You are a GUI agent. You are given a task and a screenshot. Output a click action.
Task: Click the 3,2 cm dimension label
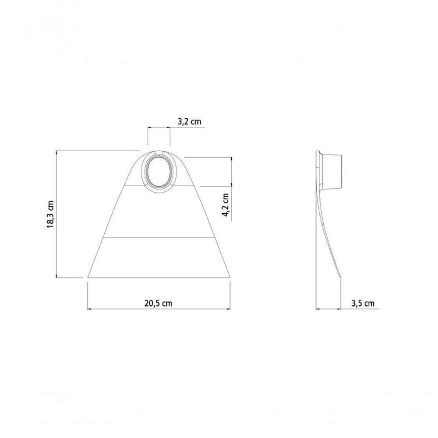point(189,121)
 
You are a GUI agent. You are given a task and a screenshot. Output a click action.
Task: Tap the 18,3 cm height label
point(50,214)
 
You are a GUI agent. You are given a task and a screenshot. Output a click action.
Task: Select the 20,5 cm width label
point(158,304)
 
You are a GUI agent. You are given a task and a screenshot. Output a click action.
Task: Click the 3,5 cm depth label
point(363,303)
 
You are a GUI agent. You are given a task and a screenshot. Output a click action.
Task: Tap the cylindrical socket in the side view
point(332,172)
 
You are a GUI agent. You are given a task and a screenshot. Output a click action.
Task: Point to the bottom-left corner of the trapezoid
point(88,278)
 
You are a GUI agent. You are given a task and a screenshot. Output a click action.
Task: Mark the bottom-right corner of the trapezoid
point(230,278)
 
